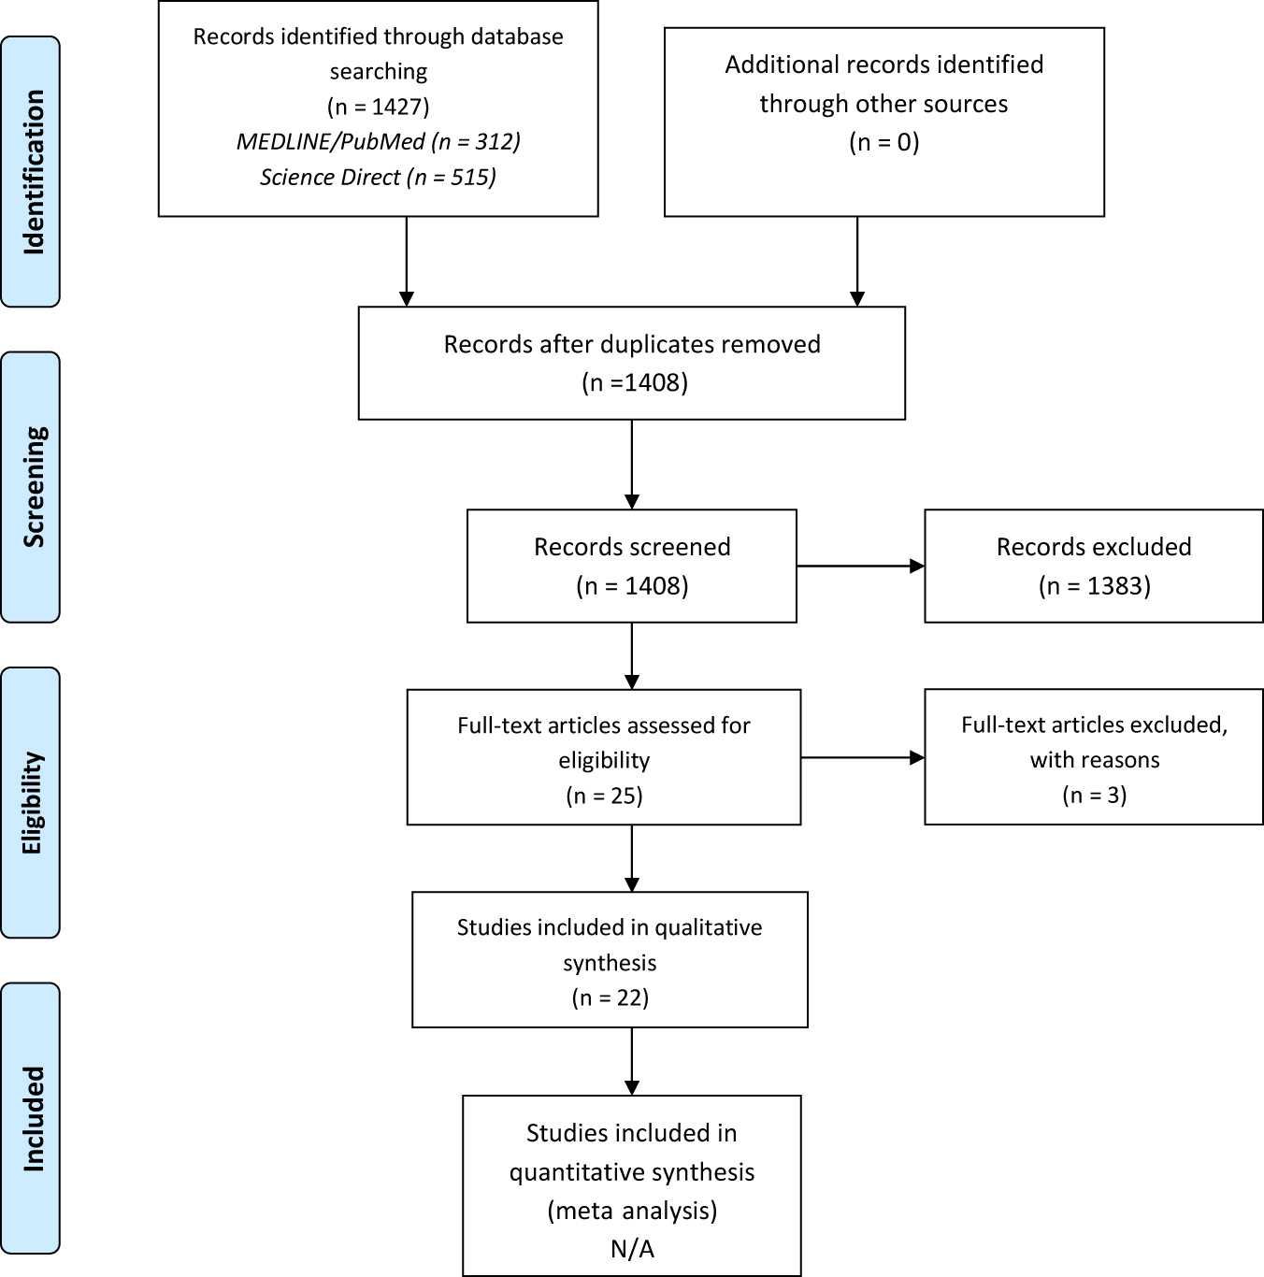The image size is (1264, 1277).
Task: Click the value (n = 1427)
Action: pyautogui.click(x=379, y=106)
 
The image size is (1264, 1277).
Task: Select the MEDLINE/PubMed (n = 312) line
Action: pyautogui.click(x=379, y=141)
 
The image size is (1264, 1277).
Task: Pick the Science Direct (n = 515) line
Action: pyautogui.click(x=379, y=177)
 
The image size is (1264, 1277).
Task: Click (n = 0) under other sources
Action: pyautogui.click(x=883, y=142)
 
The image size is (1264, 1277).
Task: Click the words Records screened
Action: pyautogui.click(x=632, y=547)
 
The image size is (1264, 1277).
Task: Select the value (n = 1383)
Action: pyautogui.click(x=1094, y=586)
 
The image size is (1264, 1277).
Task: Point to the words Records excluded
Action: pyautogui.click(x=1094, y=547)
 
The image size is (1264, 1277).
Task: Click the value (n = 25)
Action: pyautogui.click(x=604, y=796)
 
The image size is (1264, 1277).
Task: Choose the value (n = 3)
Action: pyautogui.click(x=1094, y=796)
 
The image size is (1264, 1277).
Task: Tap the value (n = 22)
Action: pyautogui.click(x=610, y=997)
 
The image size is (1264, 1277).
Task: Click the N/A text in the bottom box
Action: pyautogui.click(x=632, y=1249)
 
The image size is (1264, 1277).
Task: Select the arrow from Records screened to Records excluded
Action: pyautogui.click(x=860, y=566)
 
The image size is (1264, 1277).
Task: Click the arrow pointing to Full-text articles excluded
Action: pyautogui.click(x=862, y=758)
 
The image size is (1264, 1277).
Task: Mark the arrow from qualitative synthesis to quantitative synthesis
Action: pyautogui.click(x=632, y=1061)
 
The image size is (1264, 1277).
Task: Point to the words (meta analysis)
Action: pyautogui.click(x=632, y=1211)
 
